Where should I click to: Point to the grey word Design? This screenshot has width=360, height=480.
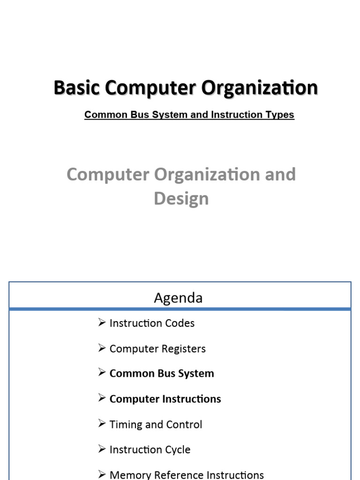click(x=181, y=198)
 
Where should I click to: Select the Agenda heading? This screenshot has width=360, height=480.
click(x=178, y=298)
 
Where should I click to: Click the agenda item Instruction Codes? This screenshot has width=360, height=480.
click(x=151, y=323)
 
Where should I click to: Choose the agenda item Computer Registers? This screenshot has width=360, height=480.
click(x=157, y=349)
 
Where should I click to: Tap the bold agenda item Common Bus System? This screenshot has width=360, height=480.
click(x=161, y=374)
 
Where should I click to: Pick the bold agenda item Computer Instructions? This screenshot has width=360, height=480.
click(x=165, y=399)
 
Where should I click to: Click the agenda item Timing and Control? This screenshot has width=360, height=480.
click(x=156, y=424)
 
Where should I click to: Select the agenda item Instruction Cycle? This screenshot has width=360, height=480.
click(x=150, y=450)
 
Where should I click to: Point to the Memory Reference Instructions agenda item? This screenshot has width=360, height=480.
click(x=186, y=474)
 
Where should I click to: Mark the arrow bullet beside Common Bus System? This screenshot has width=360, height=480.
click(x=102, y=373)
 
